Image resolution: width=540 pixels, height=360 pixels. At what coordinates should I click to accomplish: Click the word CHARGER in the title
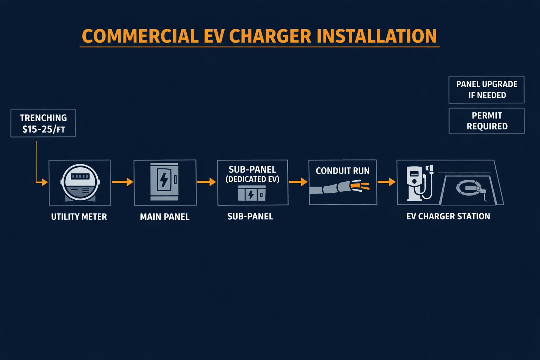pos(270,36)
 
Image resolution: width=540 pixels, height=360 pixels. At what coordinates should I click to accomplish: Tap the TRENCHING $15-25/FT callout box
pos(43,123)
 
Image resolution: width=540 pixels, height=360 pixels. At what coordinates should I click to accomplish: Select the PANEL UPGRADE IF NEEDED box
pos(487,90)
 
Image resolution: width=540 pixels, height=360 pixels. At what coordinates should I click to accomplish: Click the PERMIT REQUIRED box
pos(487,121)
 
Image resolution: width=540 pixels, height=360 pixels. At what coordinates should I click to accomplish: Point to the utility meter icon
pos(80,182)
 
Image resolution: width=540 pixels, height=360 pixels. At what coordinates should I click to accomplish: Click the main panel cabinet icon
pos(164,181)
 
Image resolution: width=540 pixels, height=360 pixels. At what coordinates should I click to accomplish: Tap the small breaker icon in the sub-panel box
pos(252,193)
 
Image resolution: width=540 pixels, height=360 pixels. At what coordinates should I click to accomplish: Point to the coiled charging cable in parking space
pos(469,188)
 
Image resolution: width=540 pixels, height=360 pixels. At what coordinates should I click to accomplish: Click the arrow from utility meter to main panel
pos(122,182)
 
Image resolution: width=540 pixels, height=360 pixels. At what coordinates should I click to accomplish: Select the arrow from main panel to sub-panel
pos(207,182)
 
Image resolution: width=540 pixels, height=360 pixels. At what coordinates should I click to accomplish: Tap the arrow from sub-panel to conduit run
pos(298,182)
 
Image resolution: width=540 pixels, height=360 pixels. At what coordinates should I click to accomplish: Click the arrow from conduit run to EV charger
pos(387,182)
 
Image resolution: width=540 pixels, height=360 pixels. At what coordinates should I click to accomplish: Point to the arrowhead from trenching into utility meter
pos(44,182)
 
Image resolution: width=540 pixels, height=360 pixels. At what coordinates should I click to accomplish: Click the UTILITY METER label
pos(79,217)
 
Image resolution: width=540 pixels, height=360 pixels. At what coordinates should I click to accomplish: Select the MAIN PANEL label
pos(165,217)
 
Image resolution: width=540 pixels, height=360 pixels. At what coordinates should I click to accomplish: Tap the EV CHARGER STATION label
pos(448,217)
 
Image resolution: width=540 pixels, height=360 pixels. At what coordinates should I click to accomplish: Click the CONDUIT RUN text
pos(342,171)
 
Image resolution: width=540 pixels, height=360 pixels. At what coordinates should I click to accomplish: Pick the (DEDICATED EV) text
pos(252,179)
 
